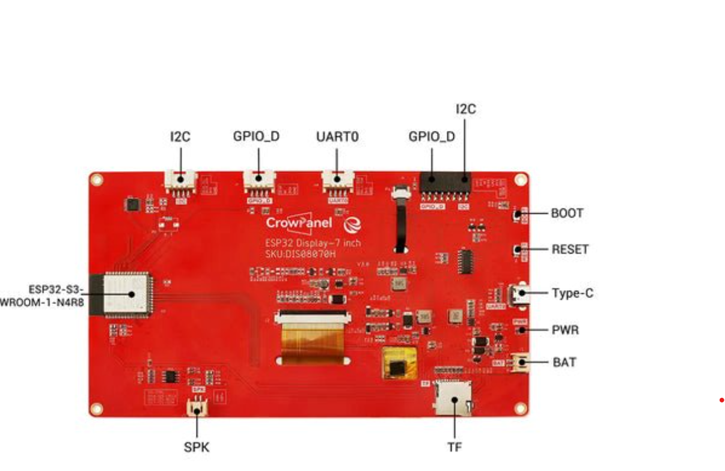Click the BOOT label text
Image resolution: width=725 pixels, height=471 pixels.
567,213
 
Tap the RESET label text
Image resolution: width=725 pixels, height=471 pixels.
570,249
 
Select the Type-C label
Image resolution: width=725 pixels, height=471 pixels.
572,294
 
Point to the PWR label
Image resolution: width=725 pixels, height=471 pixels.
565,330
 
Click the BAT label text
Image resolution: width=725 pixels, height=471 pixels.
564,362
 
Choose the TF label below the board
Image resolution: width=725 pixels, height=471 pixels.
454,446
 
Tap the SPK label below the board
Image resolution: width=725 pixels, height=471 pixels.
197,448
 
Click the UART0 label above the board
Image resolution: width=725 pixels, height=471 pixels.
337,137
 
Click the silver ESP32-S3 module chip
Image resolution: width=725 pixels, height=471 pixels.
127,294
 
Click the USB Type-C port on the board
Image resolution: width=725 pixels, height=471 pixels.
517,294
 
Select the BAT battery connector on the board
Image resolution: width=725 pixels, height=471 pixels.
519,363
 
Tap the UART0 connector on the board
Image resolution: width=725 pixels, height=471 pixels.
337,181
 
